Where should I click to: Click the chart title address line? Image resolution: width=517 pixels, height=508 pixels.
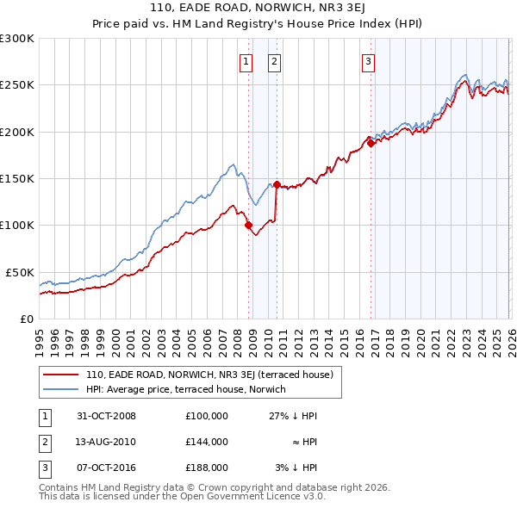pyautogui.click(x=258, y=9)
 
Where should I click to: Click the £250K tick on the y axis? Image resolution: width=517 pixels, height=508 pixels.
pyautogui.click(x=17, y=85)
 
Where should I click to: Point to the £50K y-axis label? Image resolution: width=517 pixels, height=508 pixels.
pyautogui.click(x=20, y=272)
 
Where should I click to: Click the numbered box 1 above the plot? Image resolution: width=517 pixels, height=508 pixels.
pyautogui.click(x=246, y=61)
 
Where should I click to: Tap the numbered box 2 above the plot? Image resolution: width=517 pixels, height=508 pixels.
pyautogui.click(x=274, y=61)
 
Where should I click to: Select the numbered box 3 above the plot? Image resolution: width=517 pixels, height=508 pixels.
pyautogui.click(x=368, y=61)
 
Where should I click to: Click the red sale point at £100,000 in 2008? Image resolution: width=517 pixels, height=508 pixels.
pyautogui.click(x=249, y=226)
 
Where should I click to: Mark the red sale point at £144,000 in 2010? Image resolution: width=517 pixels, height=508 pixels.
pyautogui.click(x=277, y=184)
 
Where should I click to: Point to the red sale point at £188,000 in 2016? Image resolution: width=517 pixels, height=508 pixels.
pyautogui.click(x=371, y=144)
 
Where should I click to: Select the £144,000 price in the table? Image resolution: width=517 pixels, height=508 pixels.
pyautogui.click(x=206, y=442)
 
